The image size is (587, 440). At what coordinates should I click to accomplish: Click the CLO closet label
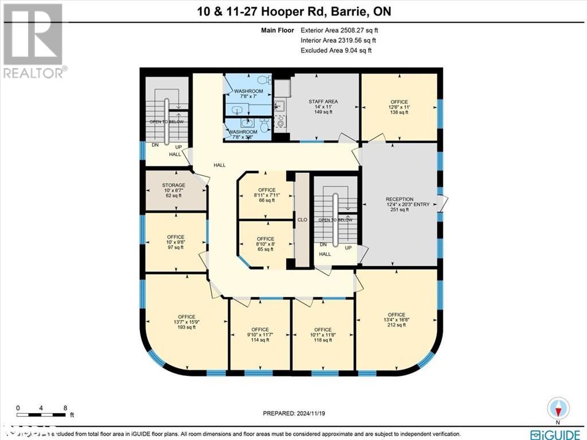[x=302, y=219]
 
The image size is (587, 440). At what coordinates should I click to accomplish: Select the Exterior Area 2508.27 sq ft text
[x=336, y=30]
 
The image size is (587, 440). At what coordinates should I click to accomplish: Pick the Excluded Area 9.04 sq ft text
[x=336, y=50]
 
